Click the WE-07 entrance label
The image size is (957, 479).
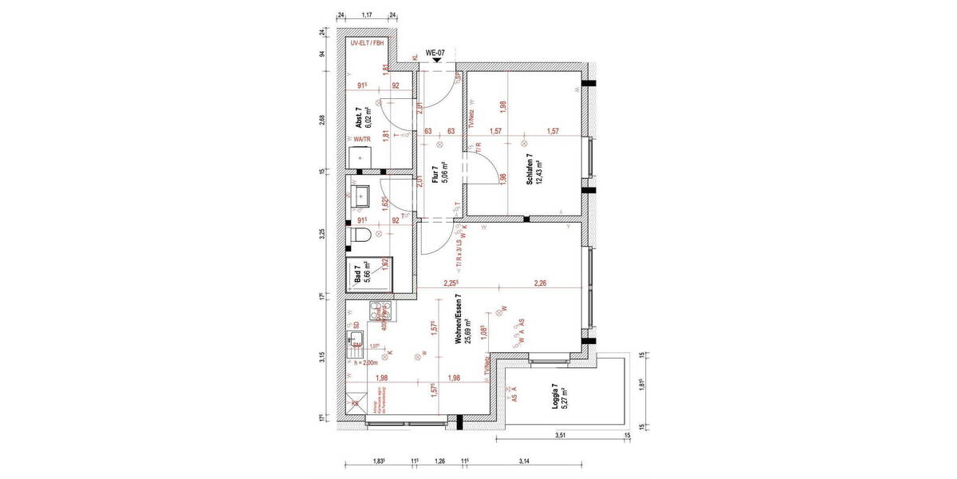(x=435, y=53)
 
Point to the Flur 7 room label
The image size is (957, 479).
(x=435, y=174)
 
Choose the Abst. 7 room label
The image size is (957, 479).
(x=360, y=120)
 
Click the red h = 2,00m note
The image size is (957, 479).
(x=367, y=363)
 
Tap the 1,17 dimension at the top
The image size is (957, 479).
(x=368, y=15)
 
